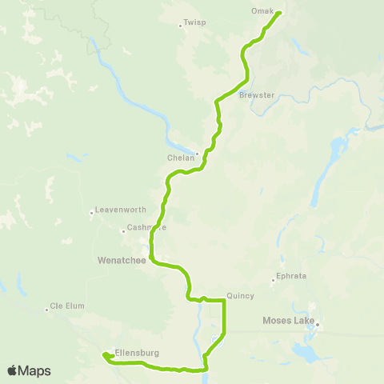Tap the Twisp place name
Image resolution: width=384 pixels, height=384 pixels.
pos(194,23)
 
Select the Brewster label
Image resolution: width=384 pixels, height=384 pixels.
pos(256,95)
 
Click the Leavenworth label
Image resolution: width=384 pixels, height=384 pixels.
pos(120,210)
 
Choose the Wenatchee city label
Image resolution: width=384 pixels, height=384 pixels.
pos(118,260)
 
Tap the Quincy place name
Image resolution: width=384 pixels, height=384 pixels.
pos(240,295)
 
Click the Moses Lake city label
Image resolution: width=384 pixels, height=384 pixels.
pos(288,321)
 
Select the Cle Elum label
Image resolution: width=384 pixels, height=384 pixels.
pos(67,305)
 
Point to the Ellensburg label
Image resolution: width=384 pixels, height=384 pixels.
pos(138,352)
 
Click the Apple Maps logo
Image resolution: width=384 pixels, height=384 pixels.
pos(28,370)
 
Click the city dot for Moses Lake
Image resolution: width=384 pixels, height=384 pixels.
pos(317,324)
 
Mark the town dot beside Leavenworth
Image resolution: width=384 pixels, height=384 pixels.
pos(91,213)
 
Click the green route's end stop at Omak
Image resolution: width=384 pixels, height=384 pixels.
pos(278,13)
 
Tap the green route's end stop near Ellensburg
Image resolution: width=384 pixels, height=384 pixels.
pos(104,355)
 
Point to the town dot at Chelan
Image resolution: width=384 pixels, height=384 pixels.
pos(197,154)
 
